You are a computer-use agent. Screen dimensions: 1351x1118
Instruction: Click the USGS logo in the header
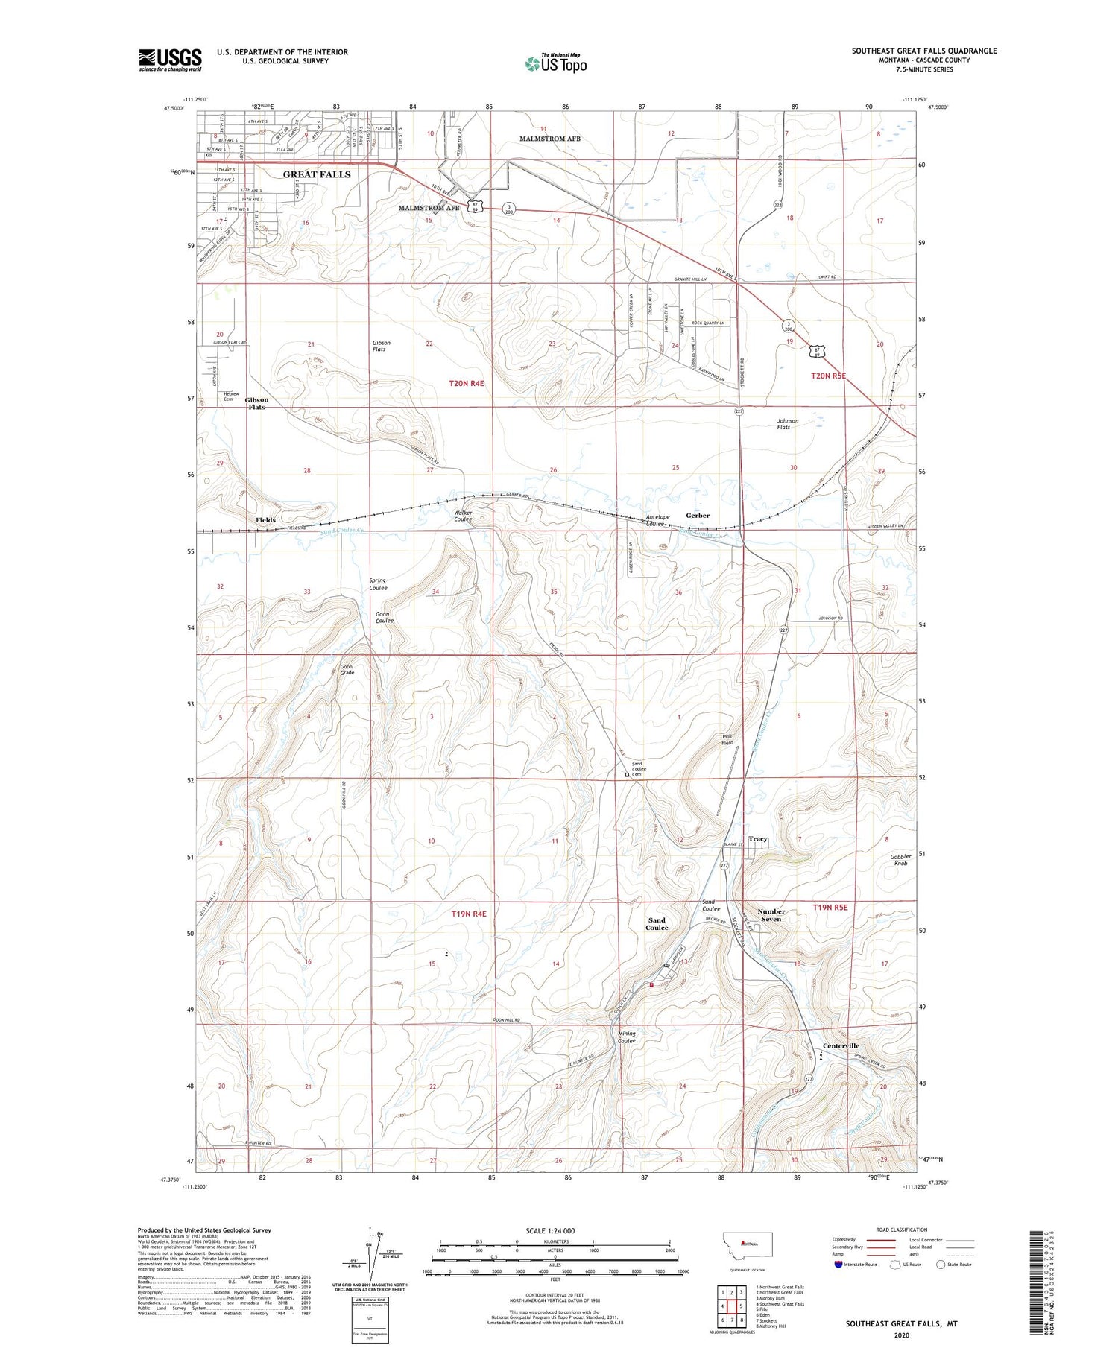coord(170,60)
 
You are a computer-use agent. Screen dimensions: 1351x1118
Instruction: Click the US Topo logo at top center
coord(555,63)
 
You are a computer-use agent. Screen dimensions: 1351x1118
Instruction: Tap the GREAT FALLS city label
coord(316,174)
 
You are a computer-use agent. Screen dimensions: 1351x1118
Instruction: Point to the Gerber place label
coord(698,516)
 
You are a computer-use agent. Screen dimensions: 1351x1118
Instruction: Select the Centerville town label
coord(841,1046)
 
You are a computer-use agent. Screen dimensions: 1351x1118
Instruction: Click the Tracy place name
coord(758,839)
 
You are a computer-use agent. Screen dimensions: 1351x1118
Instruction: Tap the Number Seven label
coord(771,915)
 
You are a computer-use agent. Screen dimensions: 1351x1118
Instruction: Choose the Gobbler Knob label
coord(900,860)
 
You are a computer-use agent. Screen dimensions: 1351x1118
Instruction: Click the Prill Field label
coord(727,739)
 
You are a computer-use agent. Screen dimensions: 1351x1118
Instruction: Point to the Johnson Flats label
coord(788,424)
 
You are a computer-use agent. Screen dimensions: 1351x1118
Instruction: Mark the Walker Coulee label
coord(463,516)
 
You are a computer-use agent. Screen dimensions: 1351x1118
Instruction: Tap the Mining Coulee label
coord(627,1037)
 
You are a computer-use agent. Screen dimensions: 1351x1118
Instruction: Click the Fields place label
coord(265,520)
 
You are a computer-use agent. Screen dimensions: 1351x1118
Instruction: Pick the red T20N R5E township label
coord(829,376)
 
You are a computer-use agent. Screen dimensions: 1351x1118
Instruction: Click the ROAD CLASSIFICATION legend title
coord(901,1230)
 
